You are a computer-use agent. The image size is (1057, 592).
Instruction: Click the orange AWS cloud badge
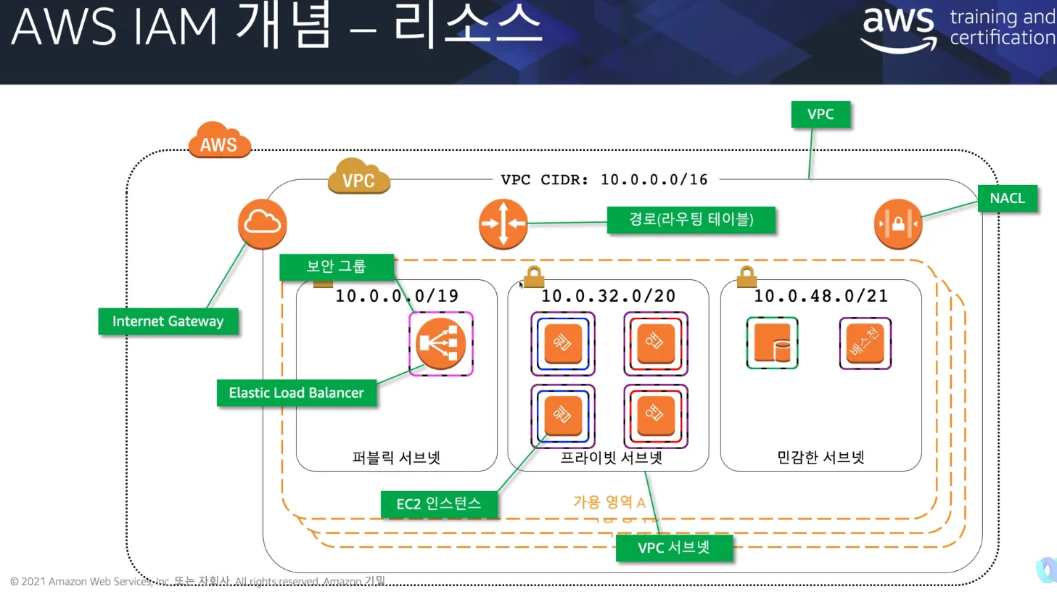pyautogui.click(x=219, y=141)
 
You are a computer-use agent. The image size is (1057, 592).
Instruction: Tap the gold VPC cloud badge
pyautogui.click(x=358, y=177)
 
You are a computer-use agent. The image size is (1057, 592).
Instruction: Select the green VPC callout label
pyautogui.click(x=820, y=115)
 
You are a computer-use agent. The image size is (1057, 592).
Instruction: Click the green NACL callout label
pyautogui.click(x=1007, y=199)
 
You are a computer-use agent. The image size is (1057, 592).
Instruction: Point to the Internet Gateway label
pyautogui.click(x=168, y=321)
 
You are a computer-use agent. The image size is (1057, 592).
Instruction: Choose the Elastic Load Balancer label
pyautogui.click(x=296, y=393)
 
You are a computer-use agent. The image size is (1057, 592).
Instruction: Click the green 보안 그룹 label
pyautogui.click(x=336, y=267)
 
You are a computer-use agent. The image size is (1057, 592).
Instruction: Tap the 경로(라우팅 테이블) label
pyautogui.click(x=691, y=219)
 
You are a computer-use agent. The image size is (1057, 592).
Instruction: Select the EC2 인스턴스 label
pyautogui.click(x=438, y=504)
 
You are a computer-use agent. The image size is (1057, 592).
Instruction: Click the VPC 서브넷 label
pyautogui.click(x=673, y=548)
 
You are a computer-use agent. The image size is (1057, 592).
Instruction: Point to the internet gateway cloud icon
pyautogui.click(x=262, y=223)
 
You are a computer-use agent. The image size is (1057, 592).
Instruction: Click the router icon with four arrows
pyautogui.click(x=503, y=224)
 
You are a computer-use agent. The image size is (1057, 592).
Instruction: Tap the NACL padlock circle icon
pyautogui.click(x=897, y=223)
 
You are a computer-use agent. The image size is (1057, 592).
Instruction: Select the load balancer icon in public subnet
pyautogui.click(x=441, y=343)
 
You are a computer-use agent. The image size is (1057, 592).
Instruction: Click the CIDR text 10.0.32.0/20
pyautogui.click(x=608, y=296)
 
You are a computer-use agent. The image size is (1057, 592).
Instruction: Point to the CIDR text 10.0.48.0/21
pyautogui.click(x=820, y=296)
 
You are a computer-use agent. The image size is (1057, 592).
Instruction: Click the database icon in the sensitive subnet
pyautogui.click(x=772, y=343)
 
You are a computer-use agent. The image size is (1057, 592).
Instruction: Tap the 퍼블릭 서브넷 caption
pyautogui.click(x=396, y=458)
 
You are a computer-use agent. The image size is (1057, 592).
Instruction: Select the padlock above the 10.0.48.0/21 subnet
pyautogui.click(x=747, y=276)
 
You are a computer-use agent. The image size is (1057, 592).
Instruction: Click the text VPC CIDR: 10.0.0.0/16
pyautogui.click(x=604, y=180)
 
